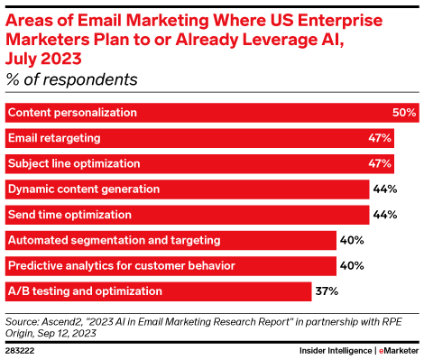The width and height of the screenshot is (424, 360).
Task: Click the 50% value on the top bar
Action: pos(404,113)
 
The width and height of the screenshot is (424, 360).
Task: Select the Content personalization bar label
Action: pos(72,113)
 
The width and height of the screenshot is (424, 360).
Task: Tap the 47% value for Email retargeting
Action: pos(379,138)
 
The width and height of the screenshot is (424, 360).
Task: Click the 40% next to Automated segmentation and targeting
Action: pos(350,241)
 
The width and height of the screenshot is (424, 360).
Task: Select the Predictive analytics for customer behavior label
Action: pos(107,266)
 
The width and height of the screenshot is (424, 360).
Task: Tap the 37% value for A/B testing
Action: pos(326,291)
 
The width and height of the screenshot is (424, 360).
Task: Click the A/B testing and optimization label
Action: pos(85,291)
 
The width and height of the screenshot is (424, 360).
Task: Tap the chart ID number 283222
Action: pos(22,348)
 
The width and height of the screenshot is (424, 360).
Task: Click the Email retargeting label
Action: pos(53,138)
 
